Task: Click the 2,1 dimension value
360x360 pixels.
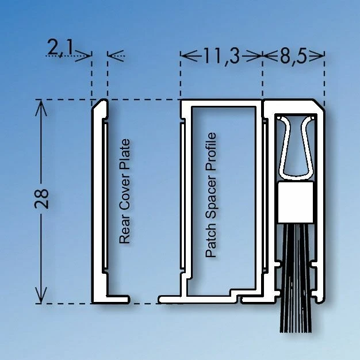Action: click(x=60, y=48)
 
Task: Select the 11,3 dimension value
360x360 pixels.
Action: click(x=221, y=56)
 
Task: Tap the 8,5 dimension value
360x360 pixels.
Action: click(x=293, y=56)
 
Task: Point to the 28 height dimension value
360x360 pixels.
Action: click(x=41, y=198)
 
